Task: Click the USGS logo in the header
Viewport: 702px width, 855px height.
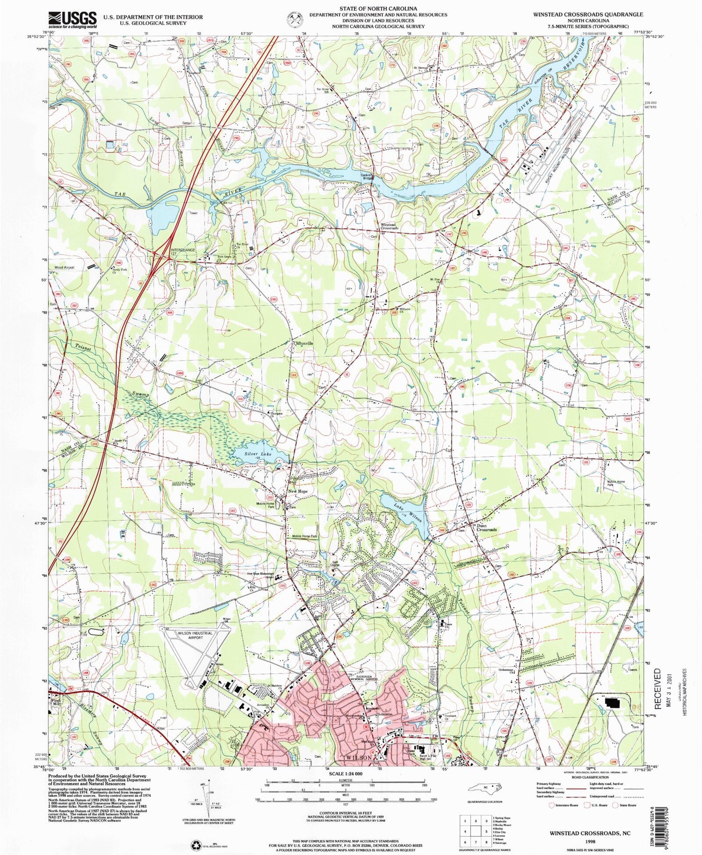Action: coord(73,20)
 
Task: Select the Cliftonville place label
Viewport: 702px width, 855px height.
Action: coord(303,343)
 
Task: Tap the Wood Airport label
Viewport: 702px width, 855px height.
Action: coord(65,268)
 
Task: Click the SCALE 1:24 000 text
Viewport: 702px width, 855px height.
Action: coord(345,774)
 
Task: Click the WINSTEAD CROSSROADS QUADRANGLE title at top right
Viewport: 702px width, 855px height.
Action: coord(588,14)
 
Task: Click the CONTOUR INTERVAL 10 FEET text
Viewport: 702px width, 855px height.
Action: coord(345,813)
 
